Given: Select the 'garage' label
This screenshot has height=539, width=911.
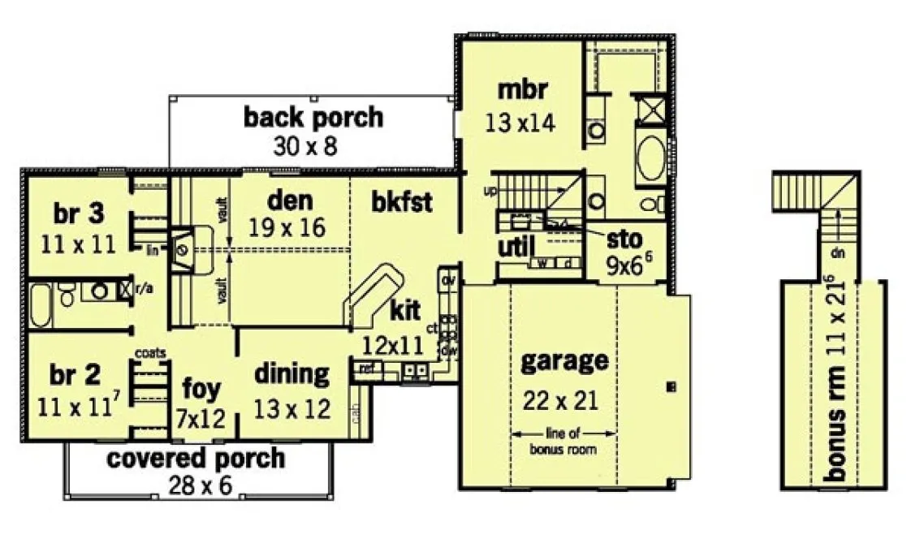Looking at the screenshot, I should click(564, 360).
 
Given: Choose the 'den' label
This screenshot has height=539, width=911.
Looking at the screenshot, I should click(290, 200).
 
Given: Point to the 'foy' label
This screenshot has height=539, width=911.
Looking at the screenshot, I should click(201, 389).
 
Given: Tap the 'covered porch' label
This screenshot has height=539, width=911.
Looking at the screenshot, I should click(196, 458).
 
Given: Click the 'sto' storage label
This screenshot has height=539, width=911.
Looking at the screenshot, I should click(624, 239).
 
